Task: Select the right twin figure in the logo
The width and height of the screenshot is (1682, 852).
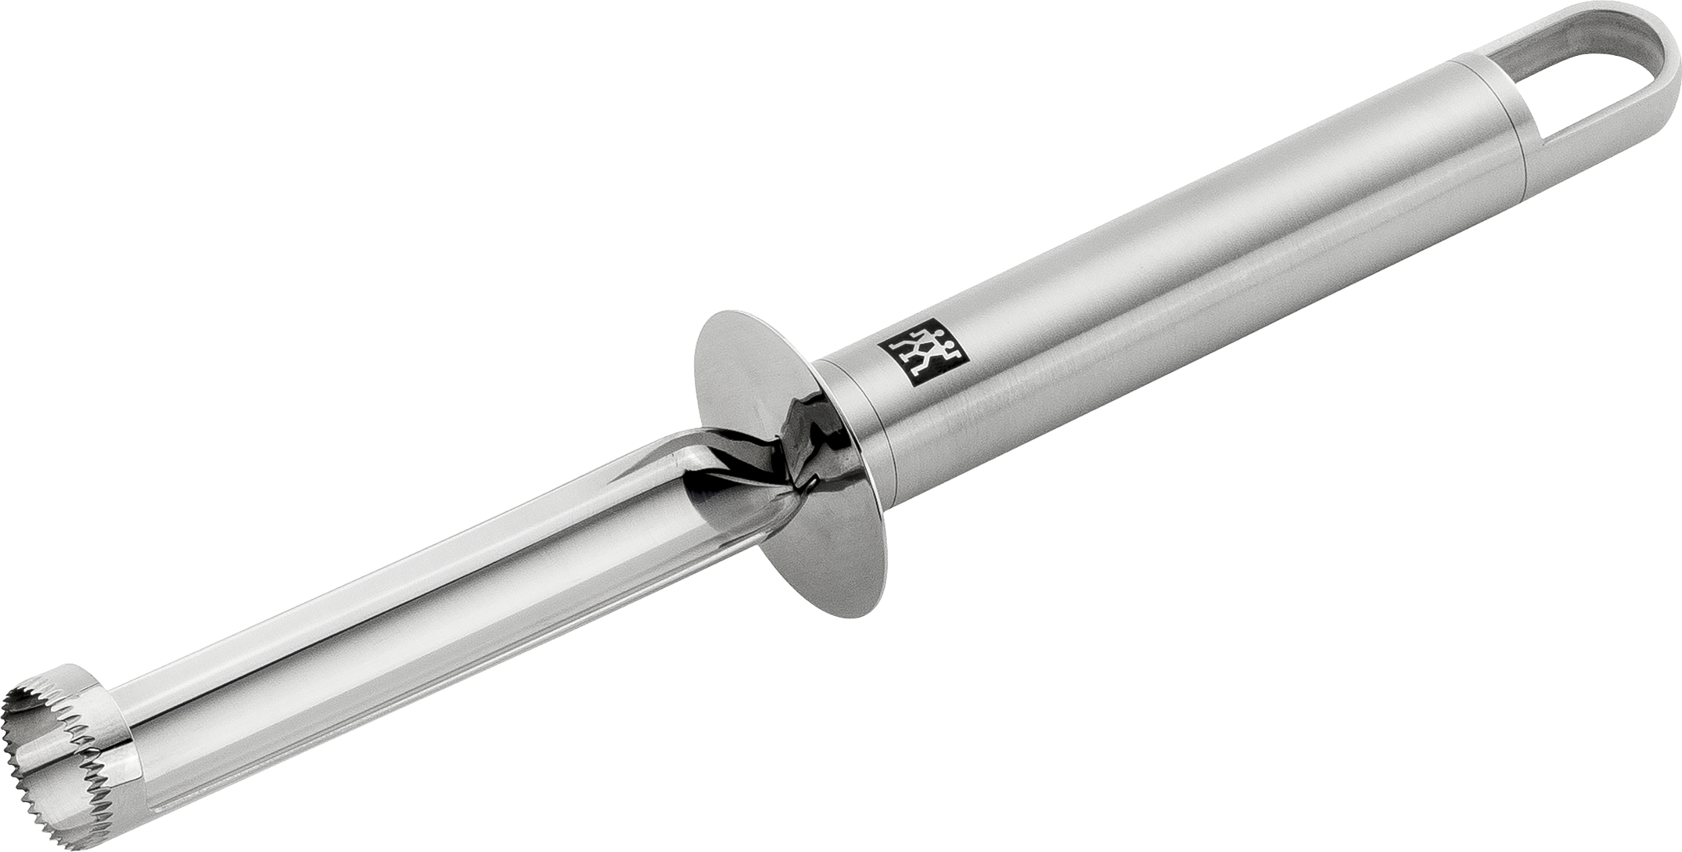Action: tap(937, 358)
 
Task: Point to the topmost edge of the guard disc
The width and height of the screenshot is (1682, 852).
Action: tap(733, 313)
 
